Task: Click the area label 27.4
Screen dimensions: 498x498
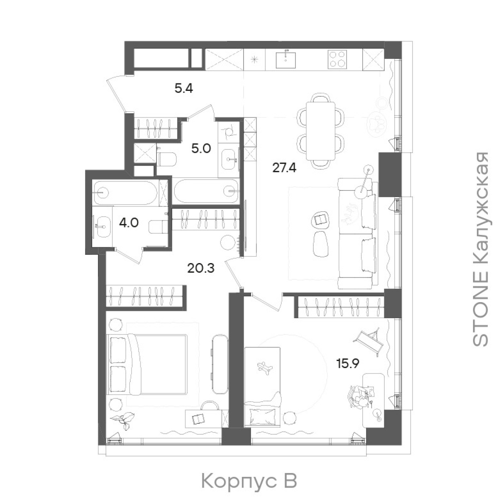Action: pyautogui.click(x=284, y=168)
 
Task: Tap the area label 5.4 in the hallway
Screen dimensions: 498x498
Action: pyautogui.click(x=184, y=89)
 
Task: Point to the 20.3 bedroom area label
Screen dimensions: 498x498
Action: pyautogui.click(x=201, y=268)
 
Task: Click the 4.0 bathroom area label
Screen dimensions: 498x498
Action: pyautogui.click(x=129, y=222)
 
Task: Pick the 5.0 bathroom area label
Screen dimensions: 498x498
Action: pyautogui.click(x=201, y=149)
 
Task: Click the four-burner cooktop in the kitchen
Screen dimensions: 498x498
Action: pyautogui.click(x=337, y=59)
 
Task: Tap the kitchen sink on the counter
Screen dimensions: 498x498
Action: pyautogui.click(x=286, y=59)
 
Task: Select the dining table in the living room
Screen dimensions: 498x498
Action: pyautogui.click(x=320, y=134)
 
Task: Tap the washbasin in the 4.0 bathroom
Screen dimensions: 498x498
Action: pyautogui.click(x=103, y=227)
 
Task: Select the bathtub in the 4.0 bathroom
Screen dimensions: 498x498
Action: pyautogui.click(x=125, y=193)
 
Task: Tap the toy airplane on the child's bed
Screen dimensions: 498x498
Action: pyautogui.click(x=264, y=367)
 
